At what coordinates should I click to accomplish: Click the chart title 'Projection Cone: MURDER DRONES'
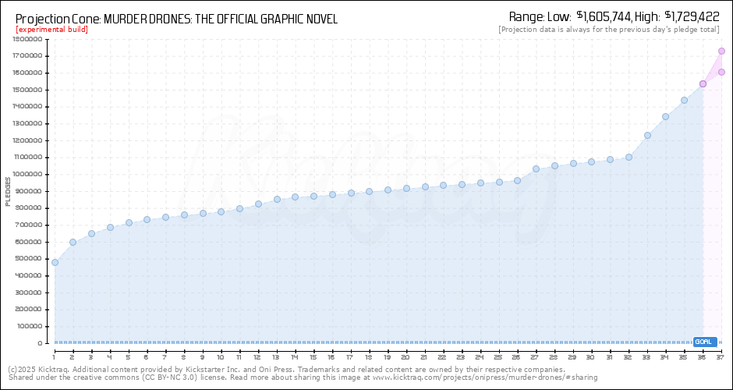tap(176, 19)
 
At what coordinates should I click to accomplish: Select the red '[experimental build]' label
tap(51, 30)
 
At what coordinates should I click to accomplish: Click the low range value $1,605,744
tap(603, 16)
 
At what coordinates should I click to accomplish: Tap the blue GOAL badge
tap(704, 342)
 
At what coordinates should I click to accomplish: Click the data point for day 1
tap(55, 262)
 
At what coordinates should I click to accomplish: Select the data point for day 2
tap(73, 242)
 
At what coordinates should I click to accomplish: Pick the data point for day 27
tap(536, 168)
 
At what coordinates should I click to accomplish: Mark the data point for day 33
tap(647, 135)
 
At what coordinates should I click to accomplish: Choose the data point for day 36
tap(703, 83)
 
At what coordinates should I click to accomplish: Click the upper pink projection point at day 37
tap(721, 51)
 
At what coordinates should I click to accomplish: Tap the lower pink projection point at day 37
tap(721, 72)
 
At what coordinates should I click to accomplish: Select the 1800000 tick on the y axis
tap(27, 39)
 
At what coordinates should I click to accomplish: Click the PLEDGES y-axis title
tap(8, 191)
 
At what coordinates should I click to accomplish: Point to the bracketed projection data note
tap(608, 30)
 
